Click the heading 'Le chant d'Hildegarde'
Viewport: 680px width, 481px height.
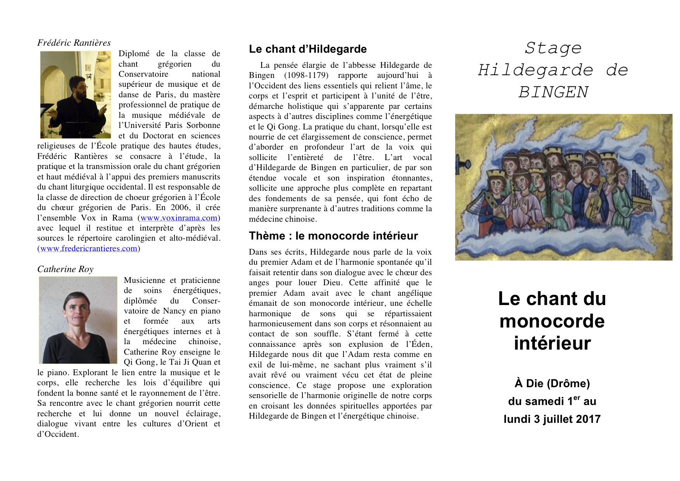pos(307,49)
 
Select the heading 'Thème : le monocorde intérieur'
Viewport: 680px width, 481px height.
pos(333,236)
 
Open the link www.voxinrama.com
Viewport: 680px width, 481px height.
pos(179,218)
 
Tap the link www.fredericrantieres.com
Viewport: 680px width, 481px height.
pos(89,248)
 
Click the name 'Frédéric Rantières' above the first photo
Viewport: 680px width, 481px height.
pos(74,43)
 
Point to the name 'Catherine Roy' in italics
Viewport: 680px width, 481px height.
pos(65,269)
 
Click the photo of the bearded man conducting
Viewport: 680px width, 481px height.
pos(76,95)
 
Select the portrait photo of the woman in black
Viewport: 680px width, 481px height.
pos(78,320)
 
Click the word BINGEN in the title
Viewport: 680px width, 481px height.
pos(553,92)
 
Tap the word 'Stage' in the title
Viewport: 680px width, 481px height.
pos(553,48)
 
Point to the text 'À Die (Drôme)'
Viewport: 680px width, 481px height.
pos(552,383)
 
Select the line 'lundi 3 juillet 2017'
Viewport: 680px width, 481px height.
pos(552,419)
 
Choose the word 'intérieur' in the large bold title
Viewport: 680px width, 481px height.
pos(552,343)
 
